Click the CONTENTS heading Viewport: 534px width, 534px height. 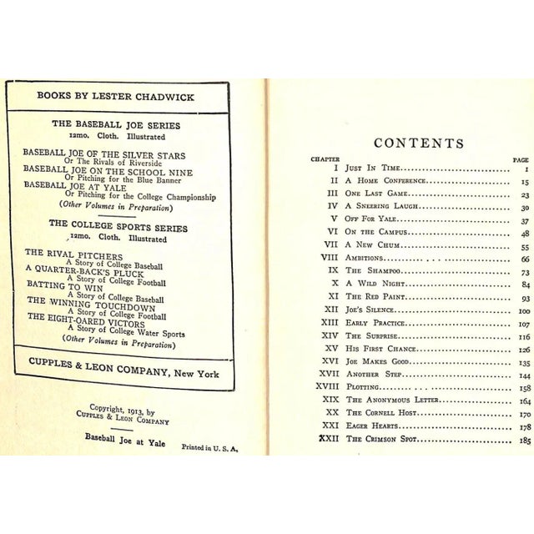pos(418,143)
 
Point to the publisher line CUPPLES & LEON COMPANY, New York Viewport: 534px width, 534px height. pos(123,374)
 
